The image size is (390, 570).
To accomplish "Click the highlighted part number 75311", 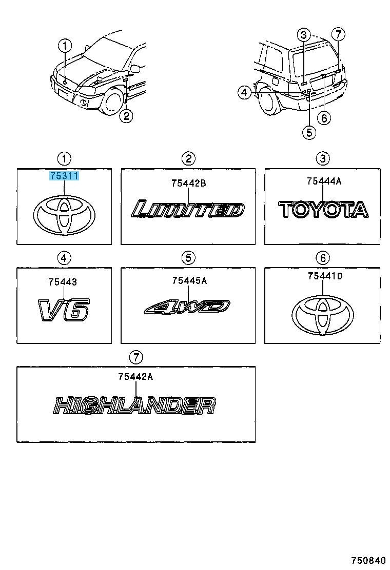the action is tap(64, 176).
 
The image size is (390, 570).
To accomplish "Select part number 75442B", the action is tap(188, 183).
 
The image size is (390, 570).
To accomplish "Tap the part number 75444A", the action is tap(324, 180).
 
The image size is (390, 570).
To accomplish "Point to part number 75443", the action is tap(63, 282).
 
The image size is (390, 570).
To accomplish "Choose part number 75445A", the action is tap(189, 280).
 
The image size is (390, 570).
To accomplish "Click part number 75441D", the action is tap(325, 276).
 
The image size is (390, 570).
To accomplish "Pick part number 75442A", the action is tap(135, 377).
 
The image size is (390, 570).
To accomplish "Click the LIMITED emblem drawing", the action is tap(188, 209).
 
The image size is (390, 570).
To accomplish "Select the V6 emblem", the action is tap(63, 310).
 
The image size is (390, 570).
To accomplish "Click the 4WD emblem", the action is tap(187, 307).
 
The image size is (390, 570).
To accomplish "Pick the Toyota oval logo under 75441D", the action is tap(322, 315).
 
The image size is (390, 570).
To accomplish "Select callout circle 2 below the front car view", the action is tap(126, 116).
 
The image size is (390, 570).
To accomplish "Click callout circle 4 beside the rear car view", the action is tap(244, 93).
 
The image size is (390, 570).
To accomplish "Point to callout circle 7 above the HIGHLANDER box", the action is tap(135, 357).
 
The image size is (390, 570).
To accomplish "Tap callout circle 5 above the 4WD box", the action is tap(188, 258).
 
